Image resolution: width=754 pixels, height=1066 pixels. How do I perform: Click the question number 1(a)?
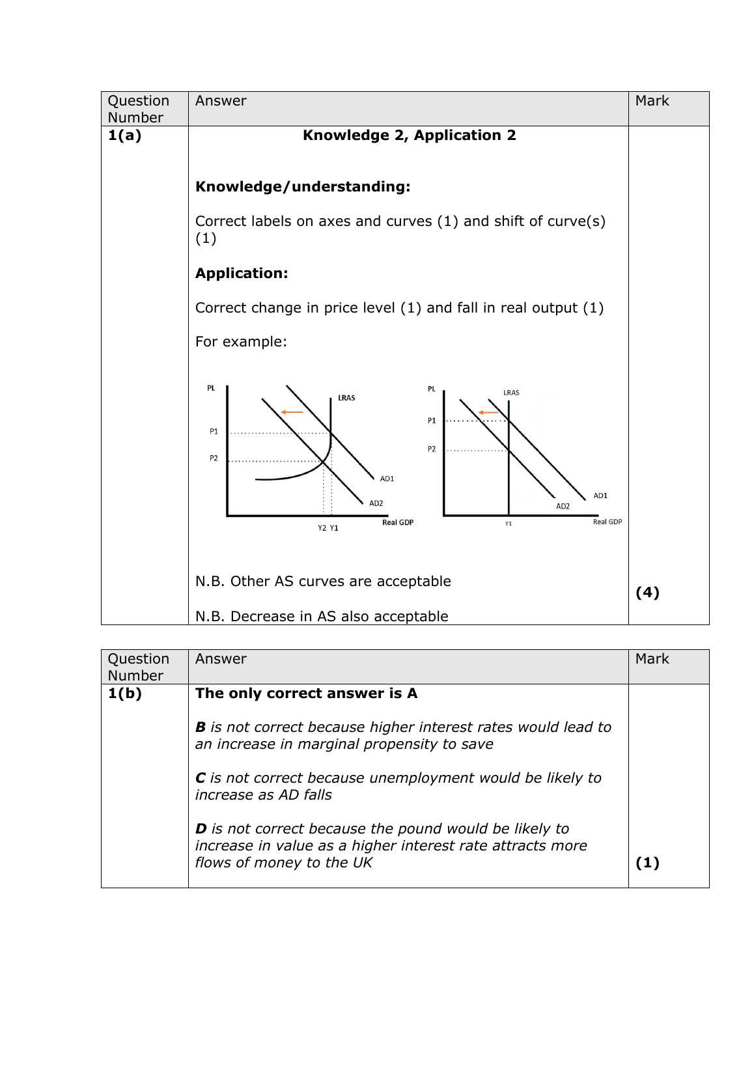pyautogui.click(x=124, y=135)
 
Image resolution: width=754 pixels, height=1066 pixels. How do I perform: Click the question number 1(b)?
pyautogui.click(x=124, y=694)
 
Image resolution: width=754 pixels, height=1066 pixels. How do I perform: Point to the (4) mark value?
pyautogui.click(x=647, y=593)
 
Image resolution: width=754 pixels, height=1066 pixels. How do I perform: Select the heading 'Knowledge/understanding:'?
pyautogui.click(x=303, y=187)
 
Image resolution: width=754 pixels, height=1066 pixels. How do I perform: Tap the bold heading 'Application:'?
pyautogui.click(x=242, y=274)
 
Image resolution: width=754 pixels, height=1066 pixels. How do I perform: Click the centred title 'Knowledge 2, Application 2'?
pyautogui.click(x=409, y=135)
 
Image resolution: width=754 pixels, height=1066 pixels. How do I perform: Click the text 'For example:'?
pyautogui.click(x=241, y=342)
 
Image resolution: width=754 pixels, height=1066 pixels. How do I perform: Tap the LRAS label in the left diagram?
pyautogui.click(x=346, y=398)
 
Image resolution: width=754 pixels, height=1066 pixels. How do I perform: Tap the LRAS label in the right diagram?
pyautogui.click(x=511, y=393)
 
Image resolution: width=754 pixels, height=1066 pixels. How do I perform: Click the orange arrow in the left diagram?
pyautogui.click(x=292, y=412)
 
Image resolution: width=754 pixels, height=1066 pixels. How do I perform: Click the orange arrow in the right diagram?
pyautogui.click(x=488, y=412)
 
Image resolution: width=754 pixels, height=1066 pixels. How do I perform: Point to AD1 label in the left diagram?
pyautogui.click(x=387, y=479)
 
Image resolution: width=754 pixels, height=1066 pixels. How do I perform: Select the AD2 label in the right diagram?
pyautogui.click(x=563, y=506)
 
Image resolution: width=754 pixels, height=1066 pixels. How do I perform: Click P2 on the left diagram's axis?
pyautogui.click(x=214, y=458)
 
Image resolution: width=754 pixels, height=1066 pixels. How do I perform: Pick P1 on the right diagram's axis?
pyautogui.click(x=432, y=421)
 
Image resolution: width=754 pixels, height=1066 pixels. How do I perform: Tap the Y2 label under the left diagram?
pyautogui.click(x=322, y=528)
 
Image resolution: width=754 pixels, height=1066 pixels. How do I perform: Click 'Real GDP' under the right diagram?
pyautogui.click(x=607, y=522)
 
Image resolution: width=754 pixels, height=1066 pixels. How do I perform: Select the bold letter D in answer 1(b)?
pyautogui.click(x=201, y=829)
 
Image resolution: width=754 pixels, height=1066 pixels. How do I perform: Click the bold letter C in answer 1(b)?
pyautogui.click(x=201, y=778)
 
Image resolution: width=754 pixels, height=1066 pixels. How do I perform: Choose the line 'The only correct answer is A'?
pyautogui.click(x=306, y=694)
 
